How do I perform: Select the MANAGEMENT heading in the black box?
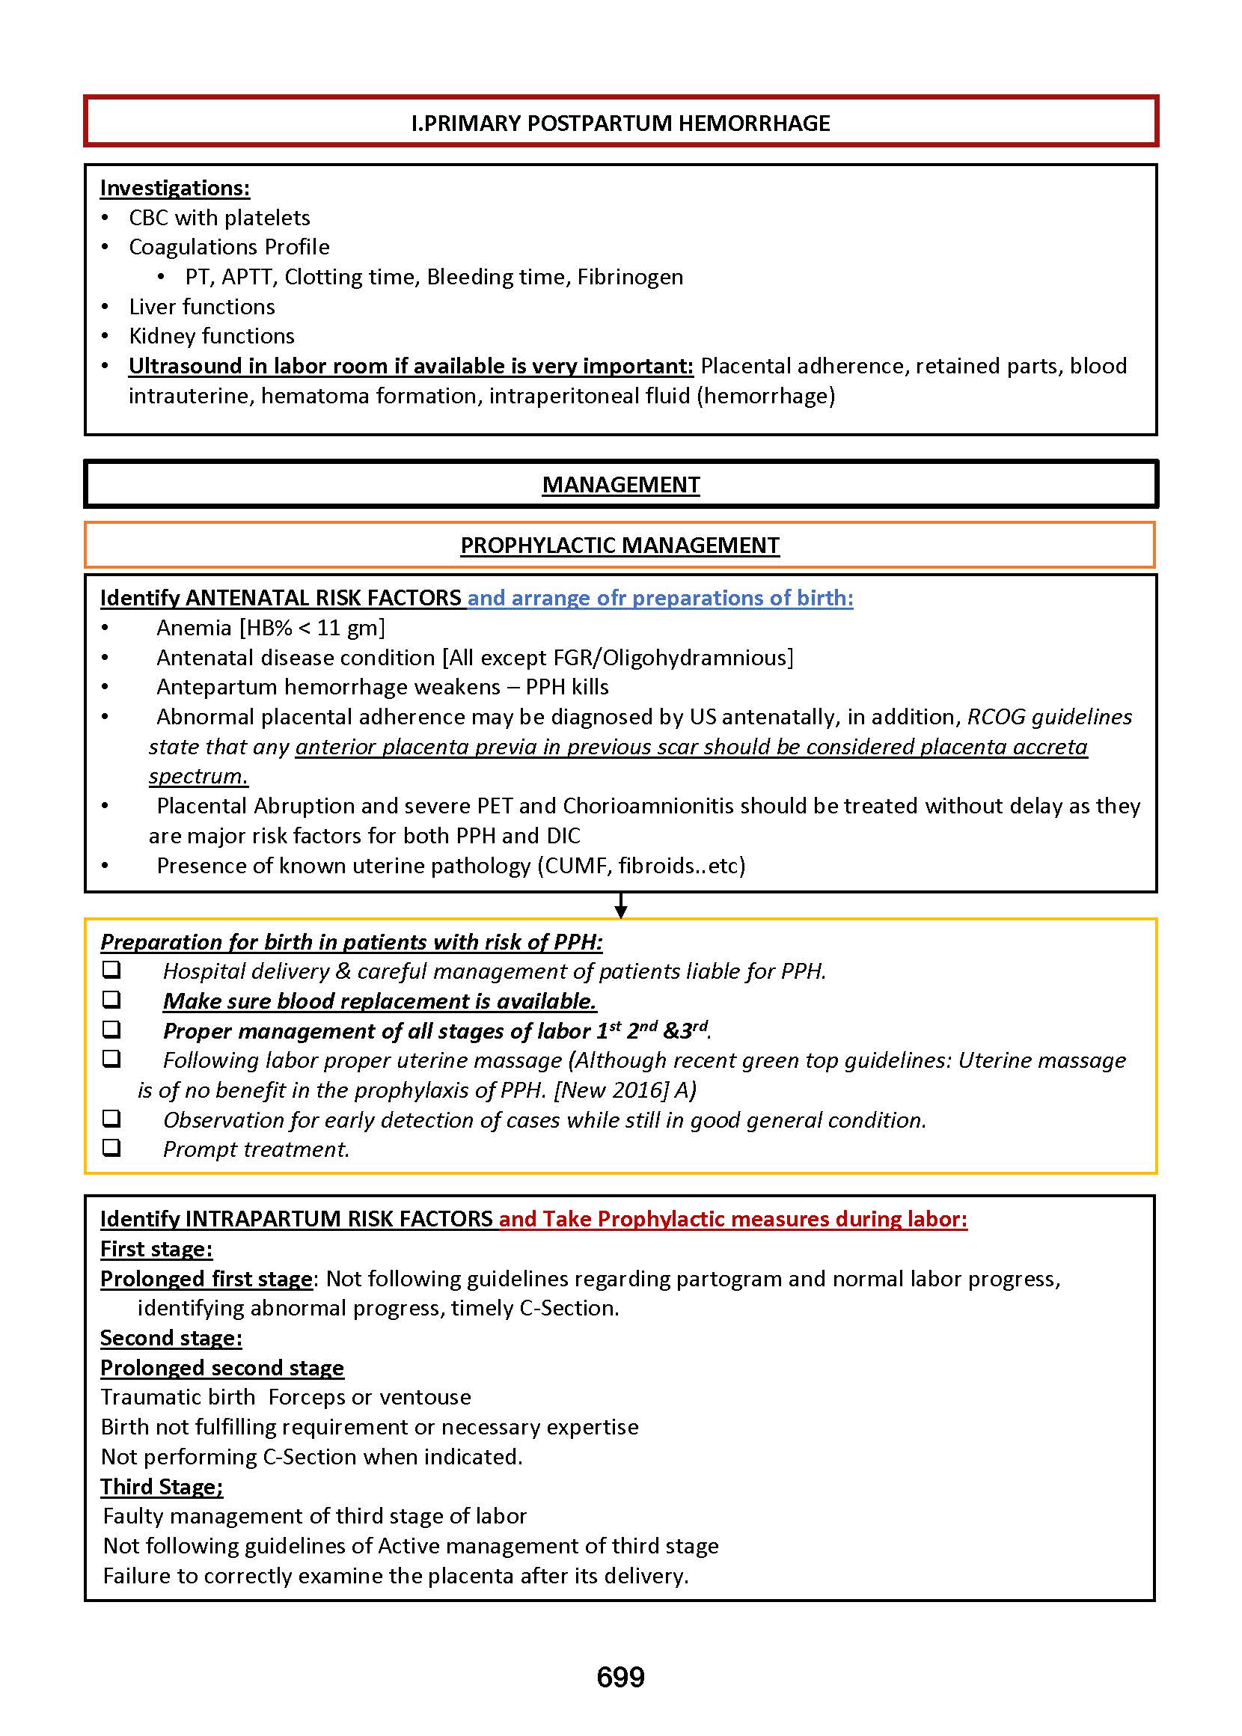tap(620, 485)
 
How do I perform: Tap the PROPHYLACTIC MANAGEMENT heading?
tap(620, 545)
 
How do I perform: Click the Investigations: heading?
tap(175, 188)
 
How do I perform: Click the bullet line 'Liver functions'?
tap(202, 307)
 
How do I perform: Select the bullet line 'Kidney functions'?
tap(212, 337)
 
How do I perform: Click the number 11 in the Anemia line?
tap(328, 628)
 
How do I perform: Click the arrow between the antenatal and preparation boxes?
tap(621, 905)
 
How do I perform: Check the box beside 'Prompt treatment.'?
tap(111, 1148)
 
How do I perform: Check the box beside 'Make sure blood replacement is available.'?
tap(111, 1000)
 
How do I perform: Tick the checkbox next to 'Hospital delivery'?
tap(111, 970)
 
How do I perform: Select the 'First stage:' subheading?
tap(156, 1249)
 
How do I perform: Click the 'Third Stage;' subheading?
tap(162, 1487)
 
